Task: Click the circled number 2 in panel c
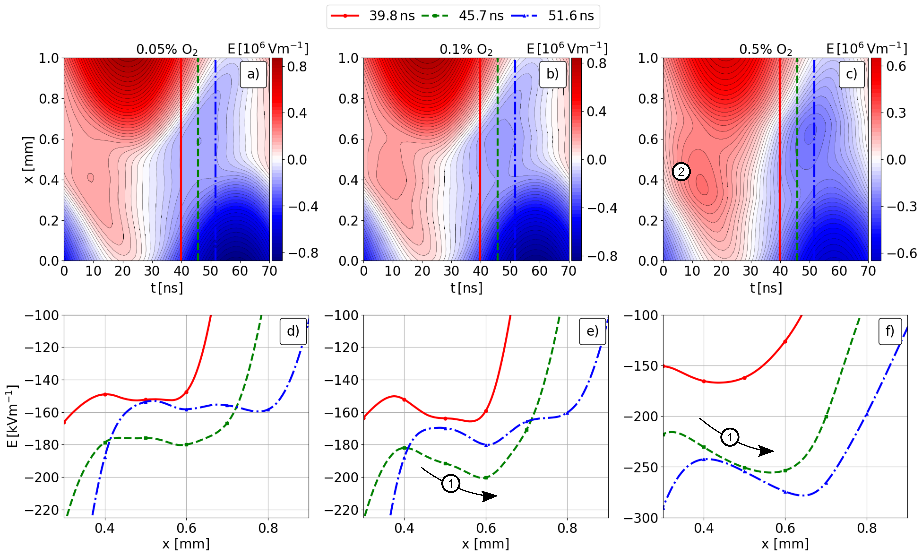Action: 681,172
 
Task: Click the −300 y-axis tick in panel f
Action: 641,518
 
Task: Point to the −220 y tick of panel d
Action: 42,510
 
